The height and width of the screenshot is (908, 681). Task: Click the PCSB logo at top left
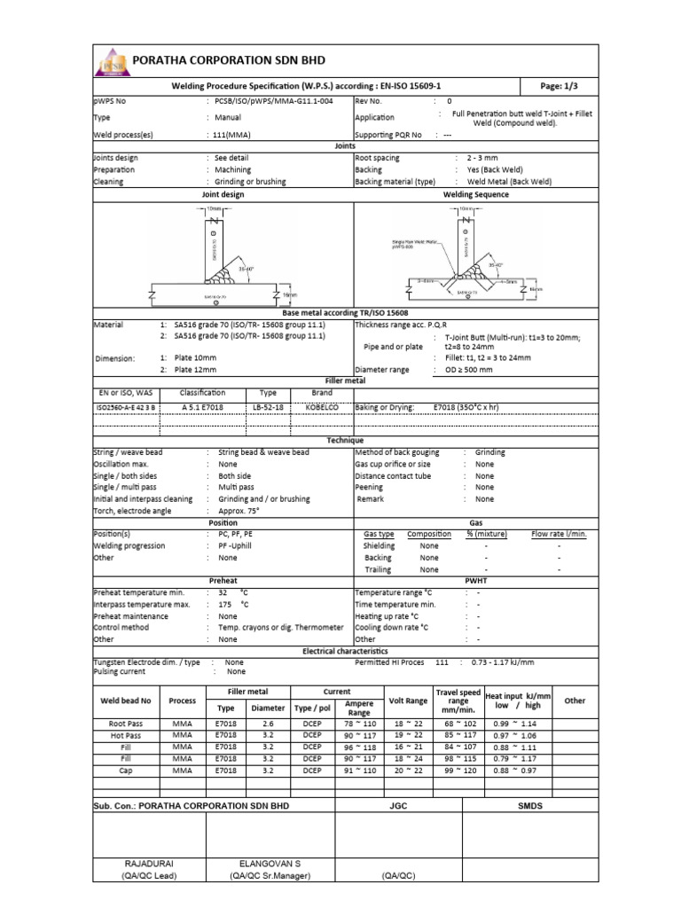[x=110, y=61]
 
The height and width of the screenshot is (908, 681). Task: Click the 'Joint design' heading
[x=223, y=193]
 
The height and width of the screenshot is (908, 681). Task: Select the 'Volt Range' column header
[x=408, y=701]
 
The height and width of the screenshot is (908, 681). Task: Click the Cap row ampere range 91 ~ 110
[x=359, y=771]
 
